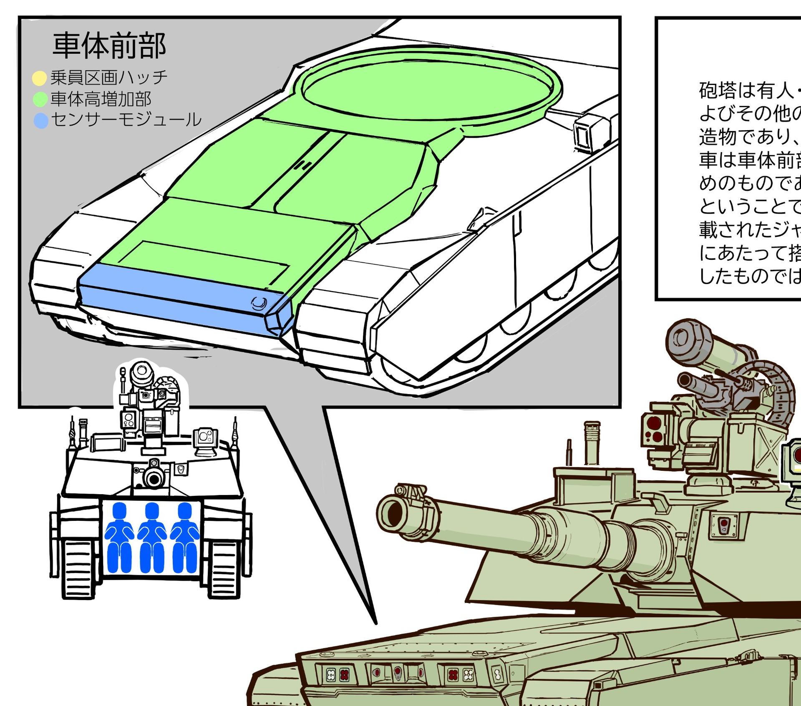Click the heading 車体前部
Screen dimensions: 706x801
coord(109,45)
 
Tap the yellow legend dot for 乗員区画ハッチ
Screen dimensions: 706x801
coord(39,78)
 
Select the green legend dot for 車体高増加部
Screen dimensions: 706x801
coord(40,99)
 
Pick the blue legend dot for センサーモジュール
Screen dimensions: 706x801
coord(41,121)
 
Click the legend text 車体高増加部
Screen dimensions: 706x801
coord(101,99)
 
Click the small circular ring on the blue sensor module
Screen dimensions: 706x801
coord(259,303)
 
